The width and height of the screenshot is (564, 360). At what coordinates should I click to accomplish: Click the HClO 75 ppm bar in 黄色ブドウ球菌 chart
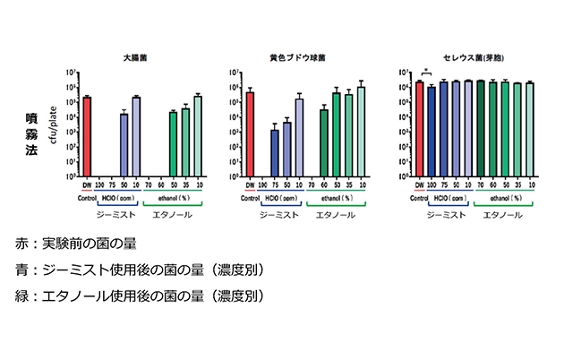275,153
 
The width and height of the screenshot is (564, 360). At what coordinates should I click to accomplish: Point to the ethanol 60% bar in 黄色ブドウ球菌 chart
323,142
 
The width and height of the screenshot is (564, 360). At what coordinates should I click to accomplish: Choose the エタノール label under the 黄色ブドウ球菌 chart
341,215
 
